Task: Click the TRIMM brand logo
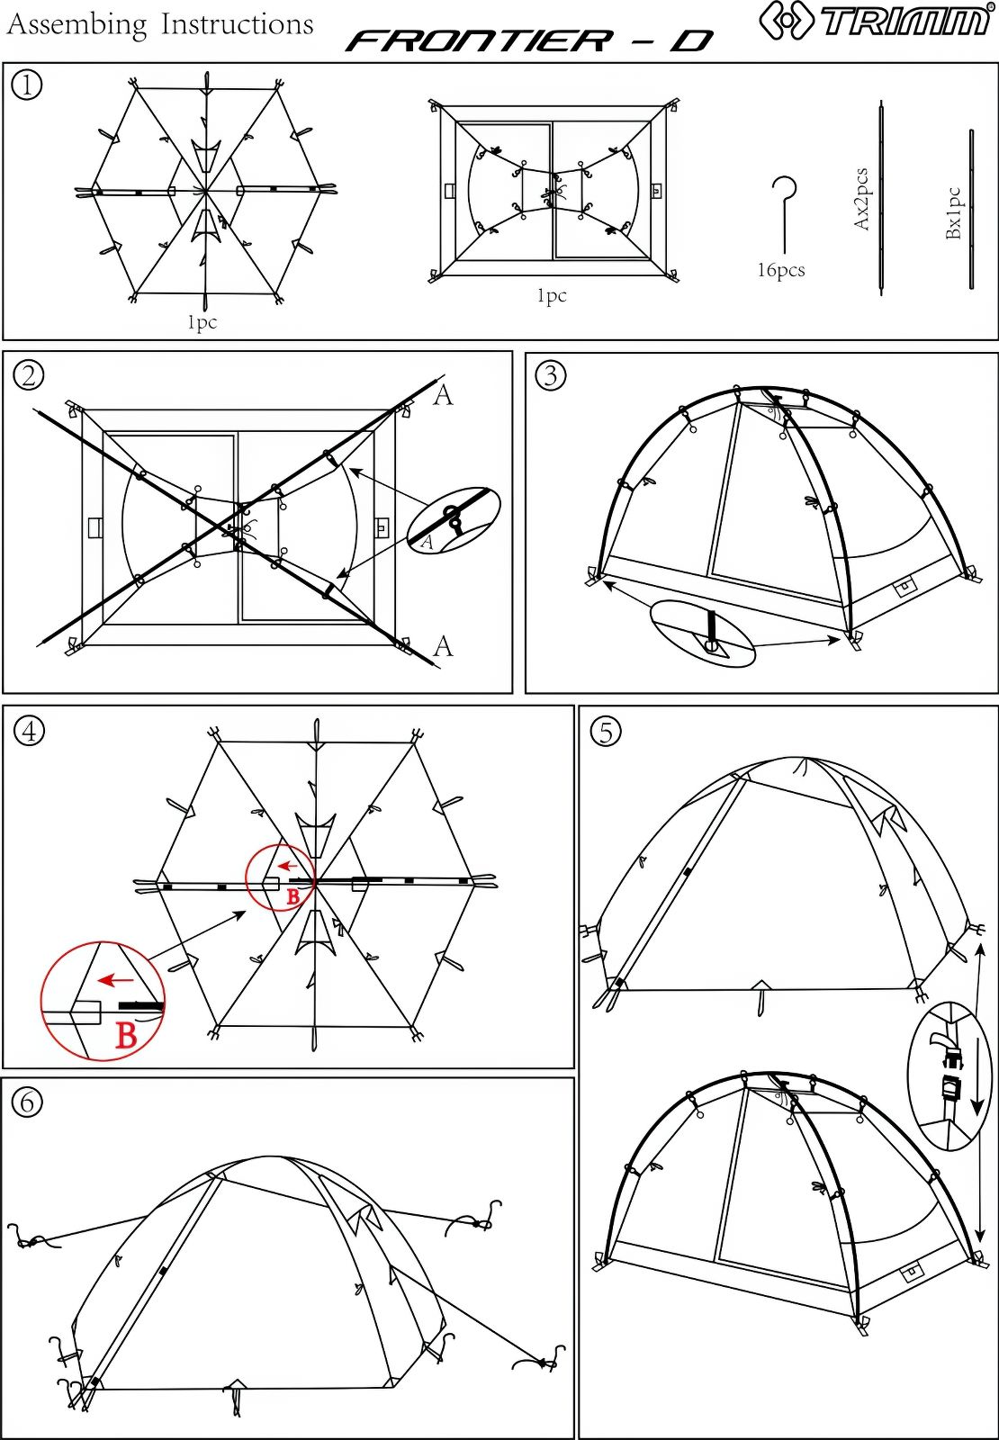pyautogui.click(x=875, y=19)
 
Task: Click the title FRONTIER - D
pyautogui.click(x=528, y=41)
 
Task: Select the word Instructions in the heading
pyautogui.click(x=238, y=24)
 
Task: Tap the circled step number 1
pyautogui.click(x=27, y=85)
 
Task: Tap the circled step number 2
pyautogui.click(x=29, y=375)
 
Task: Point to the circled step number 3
pyautogui.click(x=551, y=375)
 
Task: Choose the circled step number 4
pyautogui.click(x=30, y=731)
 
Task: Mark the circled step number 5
pyautogui.click(x=606, y=732)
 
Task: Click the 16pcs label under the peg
pyautogui.click(x=780, y=270)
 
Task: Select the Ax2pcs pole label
pyautogui.click(x=861, y=199)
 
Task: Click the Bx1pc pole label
pyautogui.click(x=953, y=212)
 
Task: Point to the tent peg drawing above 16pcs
pyautogui.click(x=784, y=215)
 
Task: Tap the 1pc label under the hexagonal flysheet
pyautogui.click(x=202, y=322)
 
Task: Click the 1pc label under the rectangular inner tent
pyautogui.click(x=552, y=295)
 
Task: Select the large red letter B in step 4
pyautogui.click(x=127, y=1035)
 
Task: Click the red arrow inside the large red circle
pyautogui.click(x=116, y=980)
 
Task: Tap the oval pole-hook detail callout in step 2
pyautogui.click(x=454, y=517)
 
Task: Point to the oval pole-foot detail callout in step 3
pyautogui.click(x=703, y=634)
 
